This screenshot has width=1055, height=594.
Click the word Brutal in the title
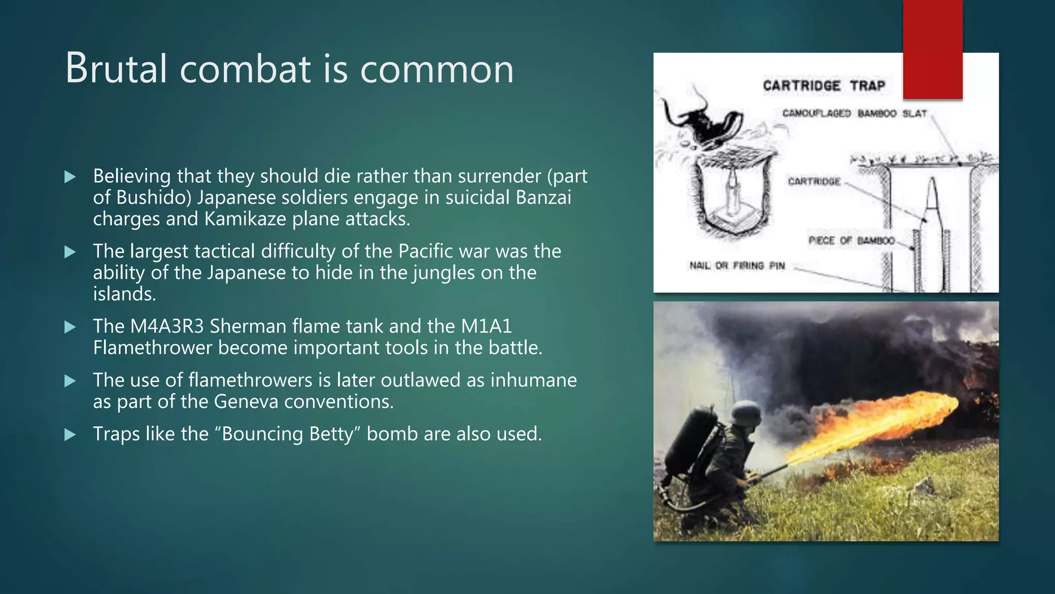tap(116, 69)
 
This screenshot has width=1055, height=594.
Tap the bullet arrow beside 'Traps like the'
tap(70, 435)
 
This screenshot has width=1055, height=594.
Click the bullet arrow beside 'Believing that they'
tap(70, 177)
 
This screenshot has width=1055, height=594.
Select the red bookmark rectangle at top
tap(932, 49)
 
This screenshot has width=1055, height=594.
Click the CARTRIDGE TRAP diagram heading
tap(824, 86)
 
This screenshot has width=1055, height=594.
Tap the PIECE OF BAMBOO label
tap(851, 241)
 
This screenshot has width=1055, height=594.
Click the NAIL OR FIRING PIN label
tap(737, 266)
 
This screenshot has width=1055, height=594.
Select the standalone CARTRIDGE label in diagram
tap(814, 181)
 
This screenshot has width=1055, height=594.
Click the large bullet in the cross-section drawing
tap(931, 232)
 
